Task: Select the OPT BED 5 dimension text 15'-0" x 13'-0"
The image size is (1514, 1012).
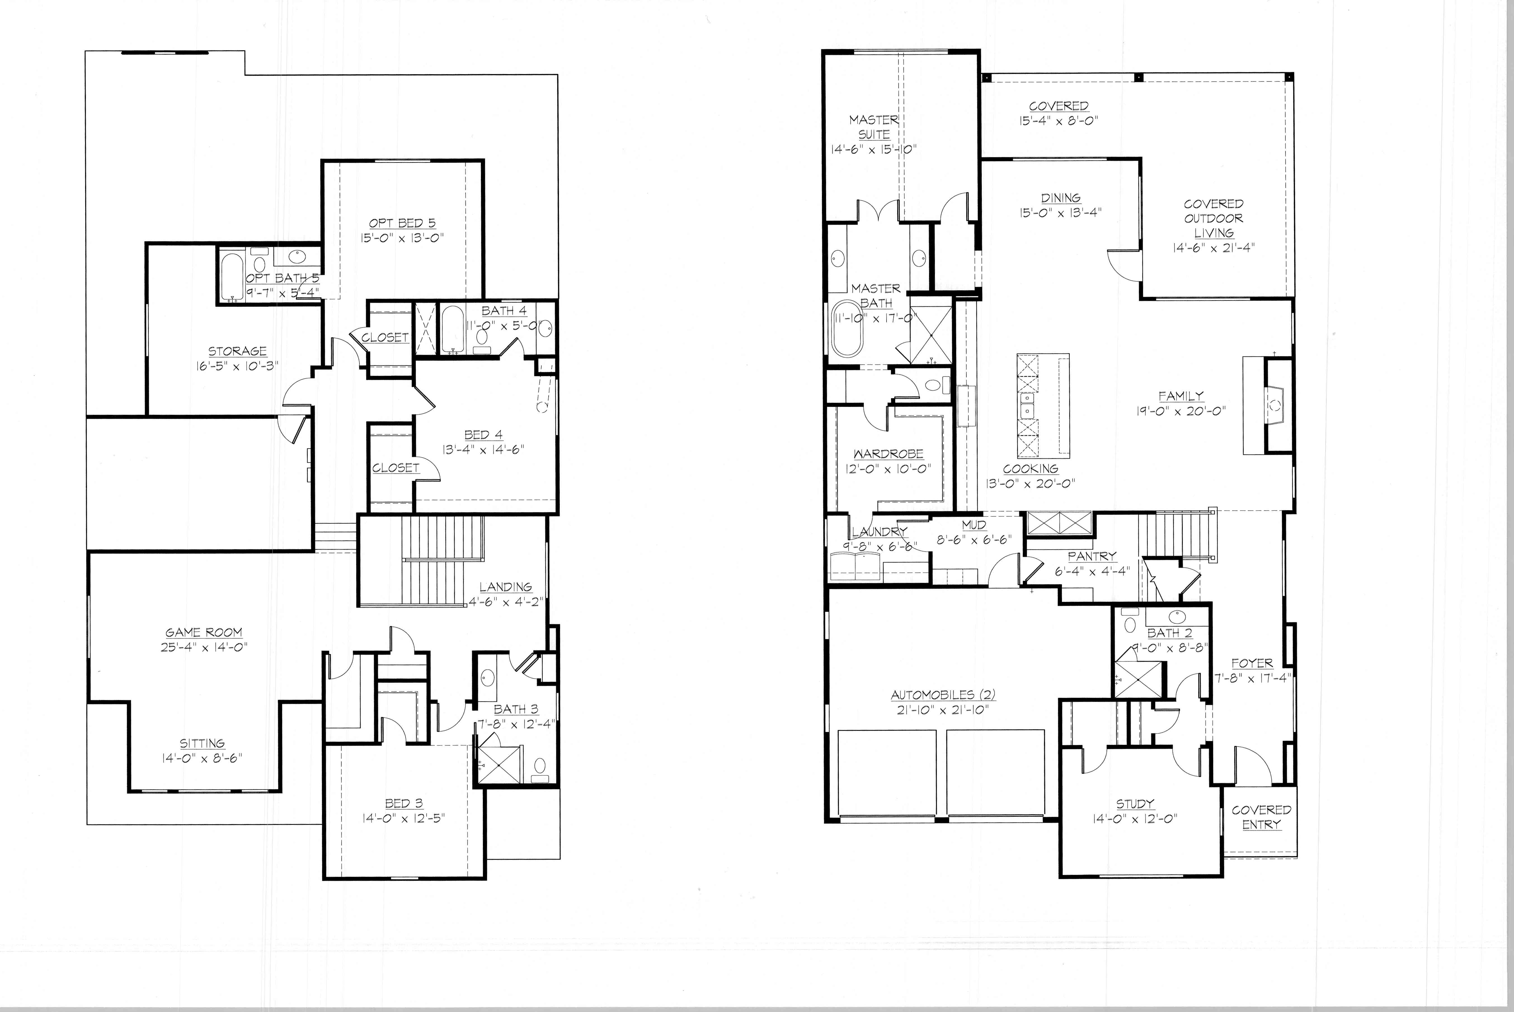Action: pos(402,237)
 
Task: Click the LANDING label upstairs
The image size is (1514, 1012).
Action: pos(505,587)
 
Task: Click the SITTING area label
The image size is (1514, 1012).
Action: pos(202,743)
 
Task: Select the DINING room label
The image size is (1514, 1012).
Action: pos(1061,198)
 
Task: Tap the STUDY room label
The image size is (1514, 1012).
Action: pos(1135,804)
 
